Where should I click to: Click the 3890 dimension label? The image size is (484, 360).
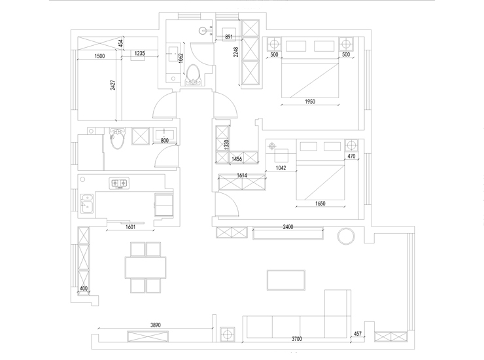click(156, 325)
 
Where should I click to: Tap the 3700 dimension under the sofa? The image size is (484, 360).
click(297, 339)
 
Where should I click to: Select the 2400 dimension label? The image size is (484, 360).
click(288, 227)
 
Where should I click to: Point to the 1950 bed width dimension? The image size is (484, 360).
click(310, 101)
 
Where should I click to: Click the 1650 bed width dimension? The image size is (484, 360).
click(320, 204)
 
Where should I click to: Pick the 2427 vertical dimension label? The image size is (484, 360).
click(113, 85)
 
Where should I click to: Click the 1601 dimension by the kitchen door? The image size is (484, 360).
click(131, 227)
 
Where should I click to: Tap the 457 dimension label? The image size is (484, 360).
click(358, 334)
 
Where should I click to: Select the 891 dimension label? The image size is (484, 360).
click(229, 37)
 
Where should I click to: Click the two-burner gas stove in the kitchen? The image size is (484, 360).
click(119, 183)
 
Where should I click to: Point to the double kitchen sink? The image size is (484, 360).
click(87, 204)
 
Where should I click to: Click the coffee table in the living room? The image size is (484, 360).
click(286, 280)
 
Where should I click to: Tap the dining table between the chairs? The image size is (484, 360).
click(145, 268)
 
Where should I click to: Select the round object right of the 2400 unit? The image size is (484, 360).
click(346, 236)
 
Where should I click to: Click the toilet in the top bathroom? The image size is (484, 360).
click(194, 74)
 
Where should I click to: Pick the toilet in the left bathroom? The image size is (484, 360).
click(117, 138)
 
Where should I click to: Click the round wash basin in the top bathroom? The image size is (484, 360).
click(203, 30)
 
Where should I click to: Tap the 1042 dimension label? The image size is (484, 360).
click(281, 168)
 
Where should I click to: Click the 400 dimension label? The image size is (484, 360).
click(84, 288)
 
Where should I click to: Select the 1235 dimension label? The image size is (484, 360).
click(139, 53)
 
